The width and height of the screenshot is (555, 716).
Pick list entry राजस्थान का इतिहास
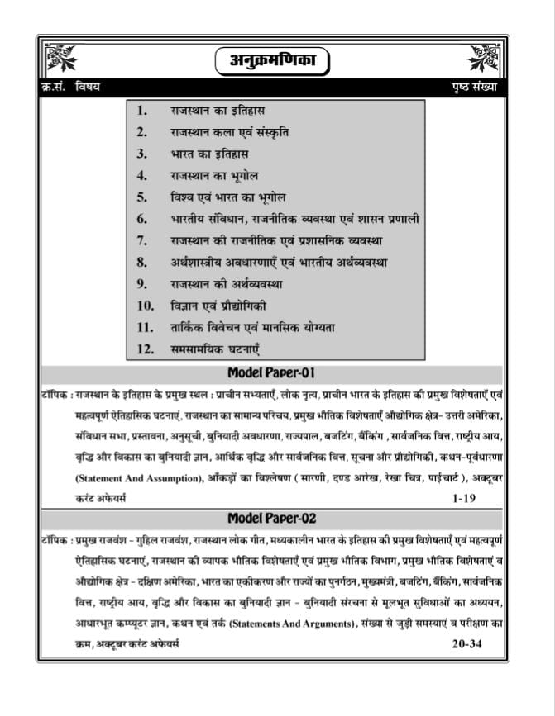pos(218,110)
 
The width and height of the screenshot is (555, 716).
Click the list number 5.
pos(142,197)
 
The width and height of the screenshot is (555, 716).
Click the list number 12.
pos(146,349)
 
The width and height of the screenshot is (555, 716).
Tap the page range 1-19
pos(464,499)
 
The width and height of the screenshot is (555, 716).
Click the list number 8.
pos(142,263)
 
